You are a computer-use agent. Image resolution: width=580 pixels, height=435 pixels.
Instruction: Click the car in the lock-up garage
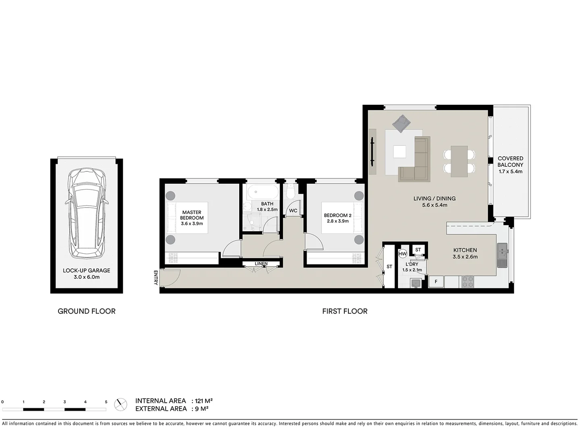coord(87,213)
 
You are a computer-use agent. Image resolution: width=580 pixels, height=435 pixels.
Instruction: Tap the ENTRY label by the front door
coord(156,278)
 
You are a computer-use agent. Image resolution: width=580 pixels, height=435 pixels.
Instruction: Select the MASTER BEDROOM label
coord(192,215)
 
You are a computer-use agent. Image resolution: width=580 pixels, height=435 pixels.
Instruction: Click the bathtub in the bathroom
coord(261,192)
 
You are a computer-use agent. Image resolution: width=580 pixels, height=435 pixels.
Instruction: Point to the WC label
coord(293,211)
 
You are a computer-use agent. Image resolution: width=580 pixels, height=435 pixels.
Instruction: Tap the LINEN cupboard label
coord(261,264)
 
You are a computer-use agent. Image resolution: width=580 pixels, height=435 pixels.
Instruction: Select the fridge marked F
coord(436,282)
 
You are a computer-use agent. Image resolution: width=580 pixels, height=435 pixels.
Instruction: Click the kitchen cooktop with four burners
coord(467,282)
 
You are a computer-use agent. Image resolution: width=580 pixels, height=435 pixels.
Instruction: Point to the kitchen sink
coord(502,255)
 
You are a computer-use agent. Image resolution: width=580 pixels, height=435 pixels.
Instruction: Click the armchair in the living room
coord(401,124)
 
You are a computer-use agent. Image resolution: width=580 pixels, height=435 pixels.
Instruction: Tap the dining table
coord(459,161)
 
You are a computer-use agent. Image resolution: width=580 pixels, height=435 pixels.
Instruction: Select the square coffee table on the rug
coord(400,152)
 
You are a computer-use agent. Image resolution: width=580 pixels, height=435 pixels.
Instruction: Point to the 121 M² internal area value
coord(204,401)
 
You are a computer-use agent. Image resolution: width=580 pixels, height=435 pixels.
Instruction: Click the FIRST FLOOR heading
coord(345,311)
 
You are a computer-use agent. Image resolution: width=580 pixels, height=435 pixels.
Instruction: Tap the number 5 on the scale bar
coord(106,402)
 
